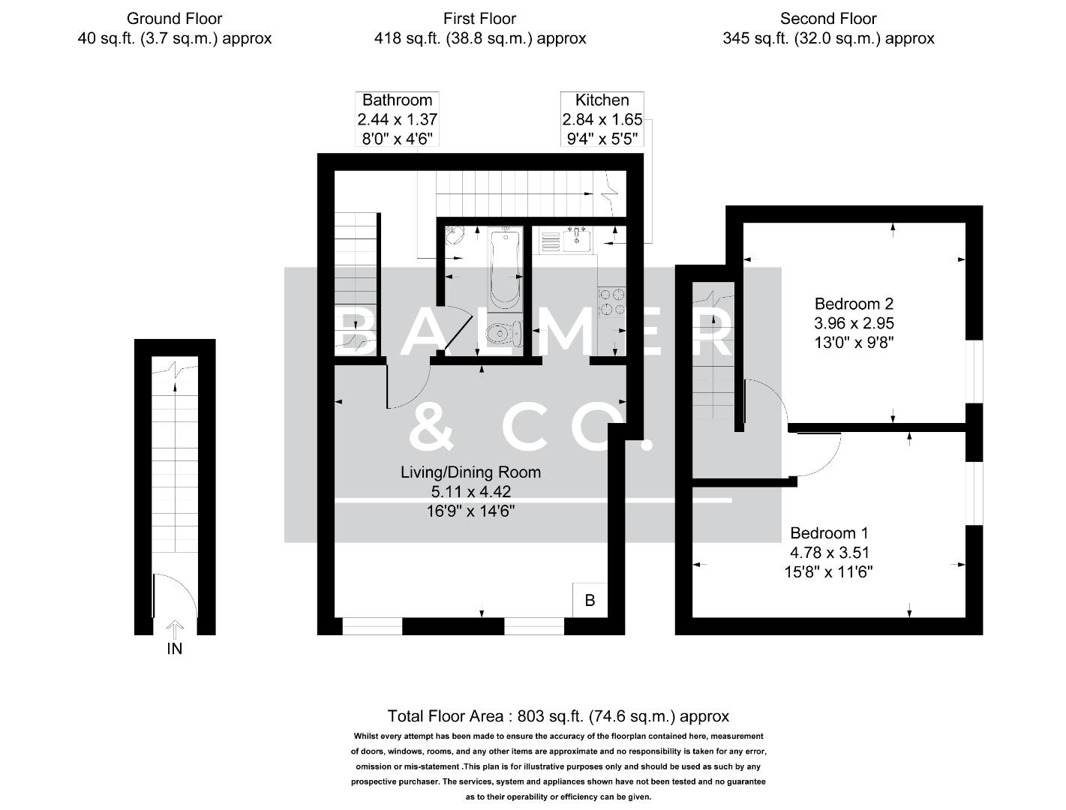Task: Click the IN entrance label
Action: (174, 649)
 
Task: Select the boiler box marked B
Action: (590, 600)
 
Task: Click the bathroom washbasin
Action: (455, 237)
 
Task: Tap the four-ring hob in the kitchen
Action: (611, 301)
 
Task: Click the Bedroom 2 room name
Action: (854, 304)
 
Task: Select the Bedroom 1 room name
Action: (829, 533)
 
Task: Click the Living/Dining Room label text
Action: (470, 472)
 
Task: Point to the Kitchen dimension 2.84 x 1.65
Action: (602, 119)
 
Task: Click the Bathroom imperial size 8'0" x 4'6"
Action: (397, 138)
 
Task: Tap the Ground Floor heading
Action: (174, 19)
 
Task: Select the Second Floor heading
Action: (828, 19)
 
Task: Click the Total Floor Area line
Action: (558, 716)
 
